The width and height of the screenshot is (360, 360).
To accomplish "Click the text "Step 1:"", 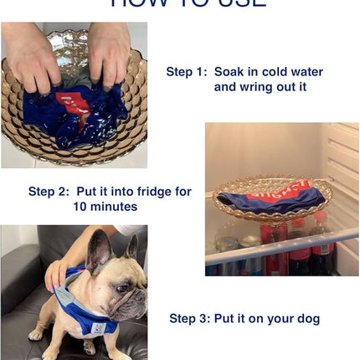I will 187,72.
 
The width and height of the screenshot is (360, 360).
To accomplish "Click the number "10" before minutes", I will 80,206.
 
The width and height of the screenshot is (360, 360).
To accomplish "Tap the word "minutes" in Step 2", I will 115,206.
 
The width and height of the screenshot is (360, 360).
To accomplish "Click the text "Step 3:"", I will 190,318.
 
